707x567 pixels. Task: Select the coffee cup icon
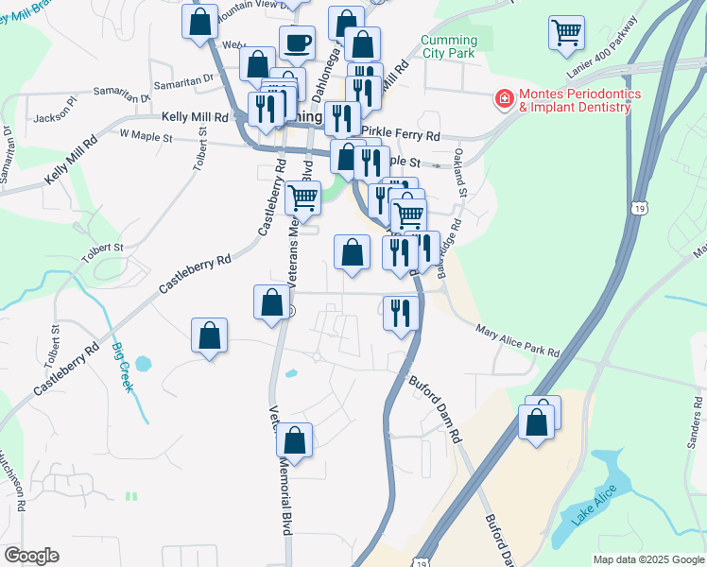click(x=297, y=43)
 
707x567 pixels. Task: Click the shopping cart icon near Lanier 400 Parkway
click(x=566, y=32)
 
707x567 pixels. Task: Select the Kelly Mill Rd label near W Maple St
click(x=196, y=117)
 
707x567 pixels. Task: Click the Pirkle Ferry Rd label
click(x=401, y=136)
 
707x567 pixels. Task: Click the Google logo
click(x=31, y=556)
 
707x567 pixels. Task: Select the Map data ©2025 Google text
click(x=647, y=559)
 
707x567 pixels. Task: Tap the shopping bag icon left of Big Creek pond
click(x=210, y=335)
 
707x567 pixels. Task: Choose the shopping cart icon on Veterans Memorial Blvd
click(x=302, y=199)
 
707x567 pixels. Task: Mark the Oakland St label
click(x=460, y=171)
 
